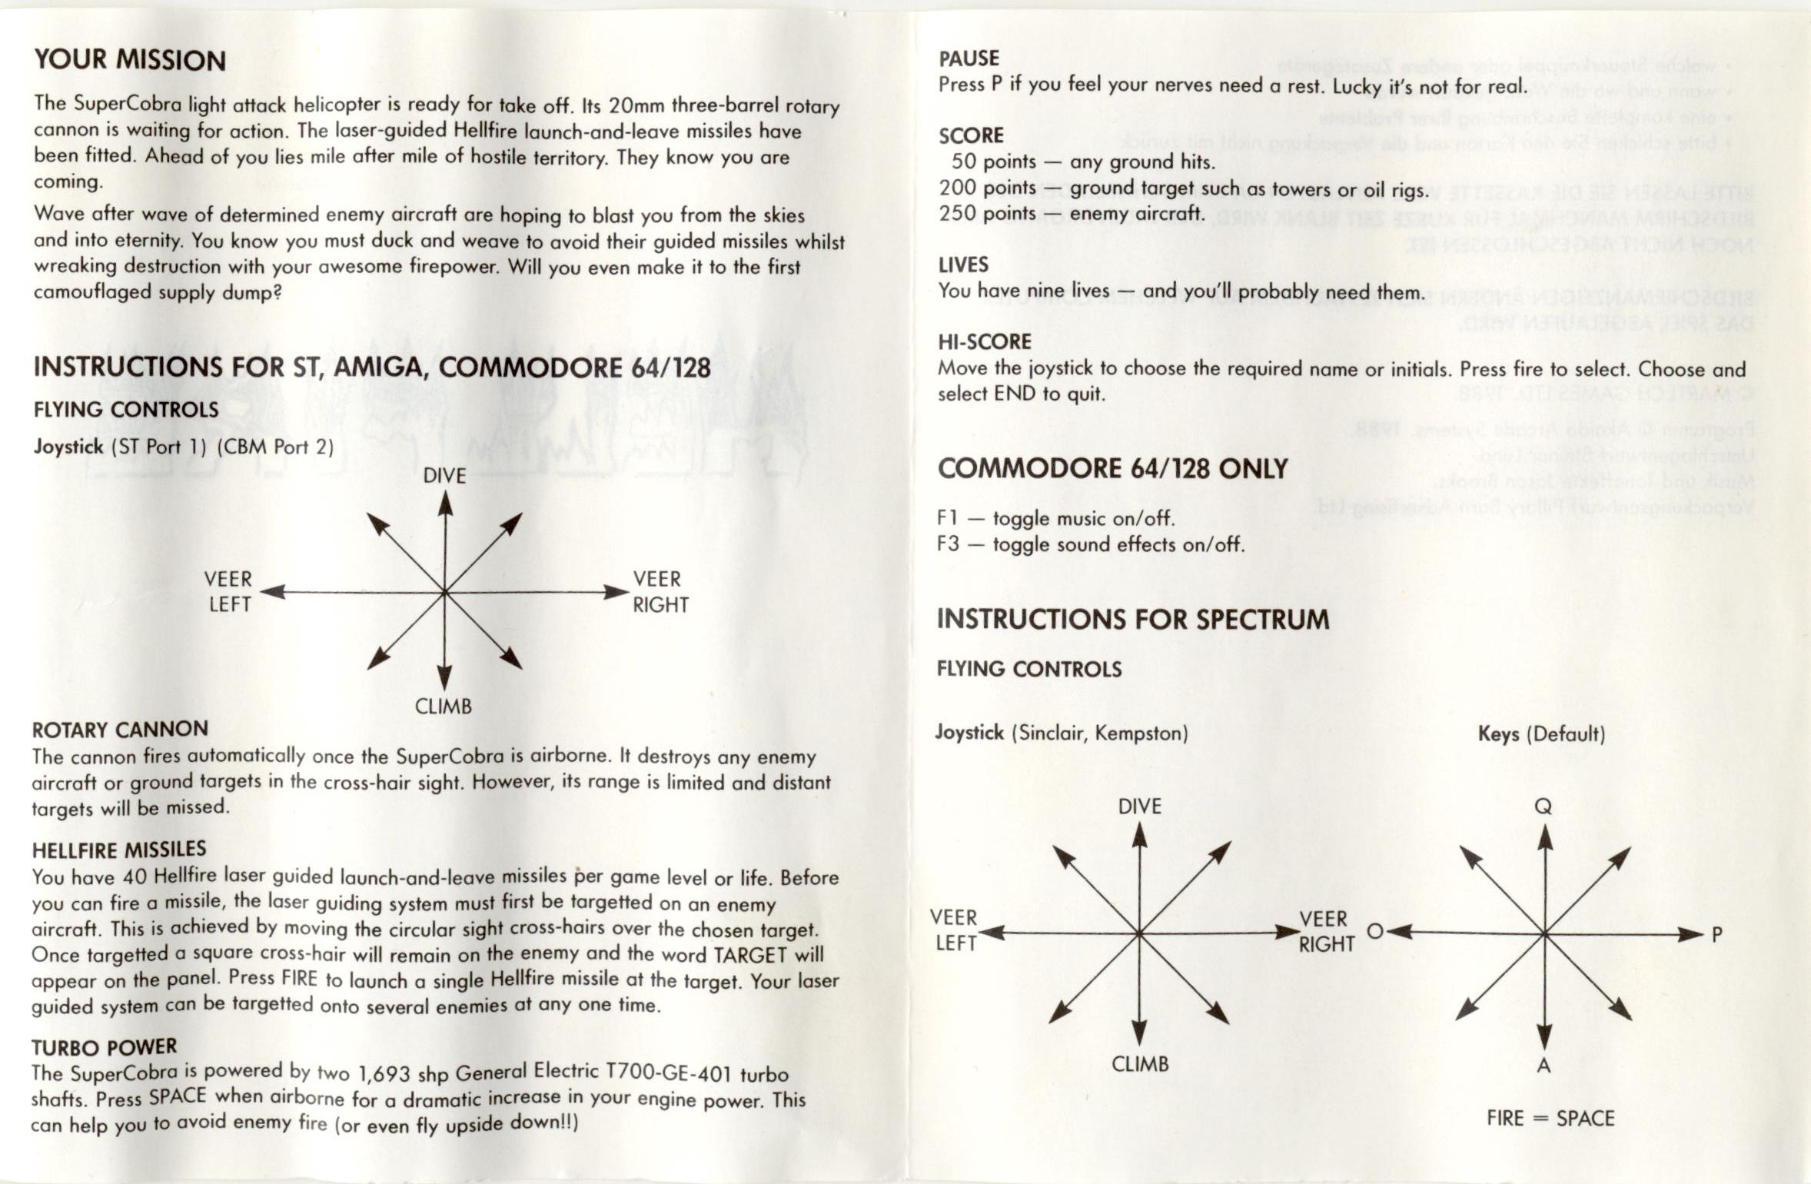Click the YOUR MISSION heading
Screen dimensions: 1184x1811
tap(129, 60)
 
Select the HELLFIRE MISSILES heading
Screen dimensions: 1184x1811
tap(119, 850)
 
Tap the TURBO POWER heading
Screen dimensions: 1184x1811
tap(104, 1047)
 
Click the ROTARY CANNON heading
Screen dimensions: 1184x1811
tap(120, 729)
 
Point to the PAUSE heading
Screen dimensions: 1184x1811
tap(969, 58)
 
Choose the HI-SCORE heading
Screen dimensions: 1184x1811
tap(985, 341)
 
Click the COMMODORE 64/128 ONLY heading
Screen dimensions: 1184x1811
tap(1112, 468)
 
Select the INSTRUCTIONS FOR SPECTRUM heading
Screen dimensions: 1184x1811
tap(1132, 619)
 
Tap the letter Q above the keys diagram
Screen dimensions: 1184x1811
tap(1543, 807)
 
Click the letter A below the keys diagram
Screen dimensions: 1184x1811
tap(1543, 1066)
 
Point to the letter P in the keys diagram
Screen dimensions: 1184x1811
tap(1716, 935)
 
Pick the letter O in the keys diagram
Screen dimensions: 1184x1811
tap(1375, 932)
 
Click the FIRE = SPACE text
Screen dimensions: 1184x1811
tap(1550, 1118)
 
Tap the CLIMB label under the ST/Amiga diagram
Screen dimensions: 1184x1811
tap(444, 707)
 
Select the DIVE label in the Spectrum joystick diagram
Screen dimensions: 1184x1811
tap(1139, 807)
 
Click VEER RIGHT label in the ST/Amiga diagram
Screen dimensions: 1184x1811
tap(660, 592)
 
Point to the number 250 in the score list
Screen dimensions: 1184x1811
tap(957, 213)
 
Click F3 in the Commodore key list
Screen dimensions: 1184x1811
tap(948, 544)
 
